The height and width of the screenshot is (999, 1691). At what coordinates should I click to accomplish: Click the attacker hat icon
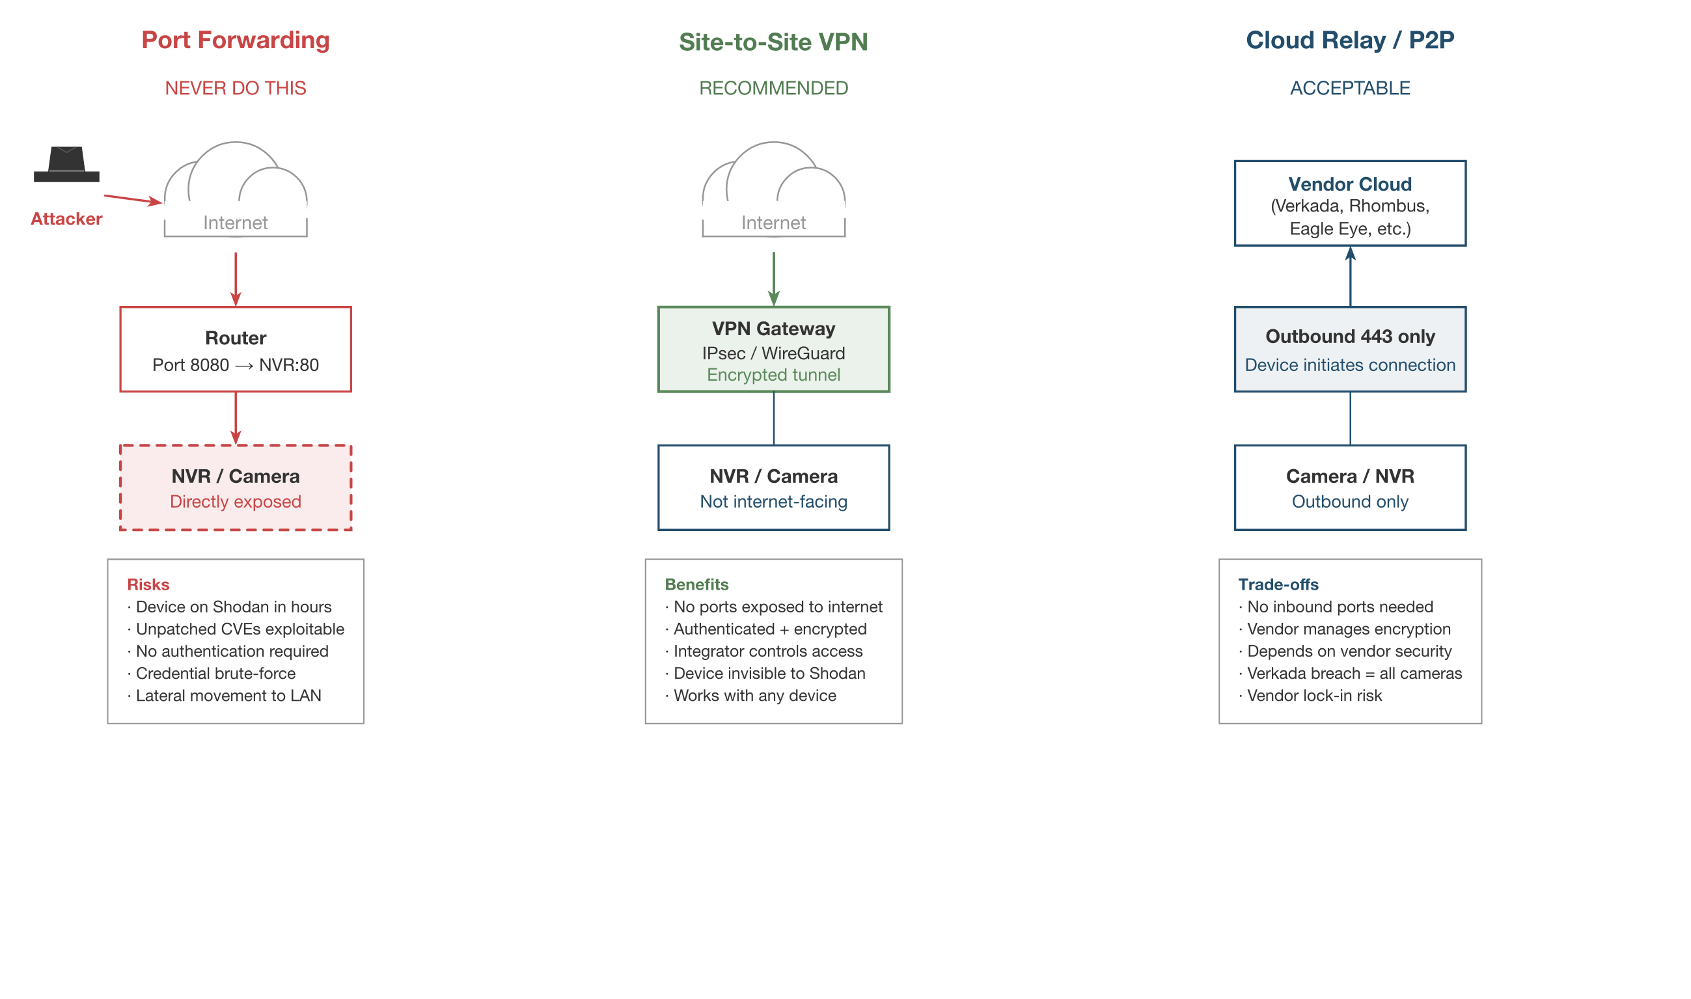tap(66, 165)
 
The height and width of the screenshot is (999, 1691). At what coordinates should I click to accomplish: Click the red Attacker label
tap(66, 219)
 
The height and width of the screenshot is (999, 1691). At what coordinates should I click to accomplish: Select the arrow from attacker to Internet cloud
tap(133, 199)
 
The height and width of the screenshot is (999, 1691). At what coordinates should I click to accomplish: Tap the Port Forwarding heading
tap(236, 40)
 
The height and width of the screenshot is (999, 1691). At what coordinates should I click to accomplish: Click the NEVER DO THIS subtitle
tap(236, 89)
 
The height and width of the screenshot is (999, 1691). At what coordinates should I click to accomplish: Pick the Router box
tap(236, 349)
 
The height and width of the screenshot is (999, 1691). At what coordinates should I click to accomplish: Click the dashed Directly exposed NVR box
tap(236, 487)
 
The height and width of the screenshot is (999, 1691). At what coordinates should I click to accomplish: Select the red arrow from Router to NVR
tap(236, 417)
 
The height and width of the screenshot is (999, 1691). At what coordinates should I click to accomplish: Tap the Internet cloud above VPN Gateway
tap(773, 192)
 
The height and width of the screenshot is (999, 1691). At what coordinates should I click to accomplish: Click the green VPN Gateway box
tap(773, 349)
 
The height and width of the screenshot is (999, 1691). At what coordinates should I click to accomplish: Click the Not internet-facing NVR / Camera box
tap(773, 487)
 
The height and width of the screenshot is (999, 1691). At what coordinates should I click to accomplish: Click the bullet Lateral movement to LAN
tap(228, 696)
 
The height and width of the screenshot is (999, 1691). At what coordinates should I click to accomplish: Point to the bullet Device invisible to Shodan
tap(768, 673)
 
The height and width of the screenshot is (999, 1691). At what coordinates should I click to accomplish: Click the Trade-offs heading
tap(1278, 584)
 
